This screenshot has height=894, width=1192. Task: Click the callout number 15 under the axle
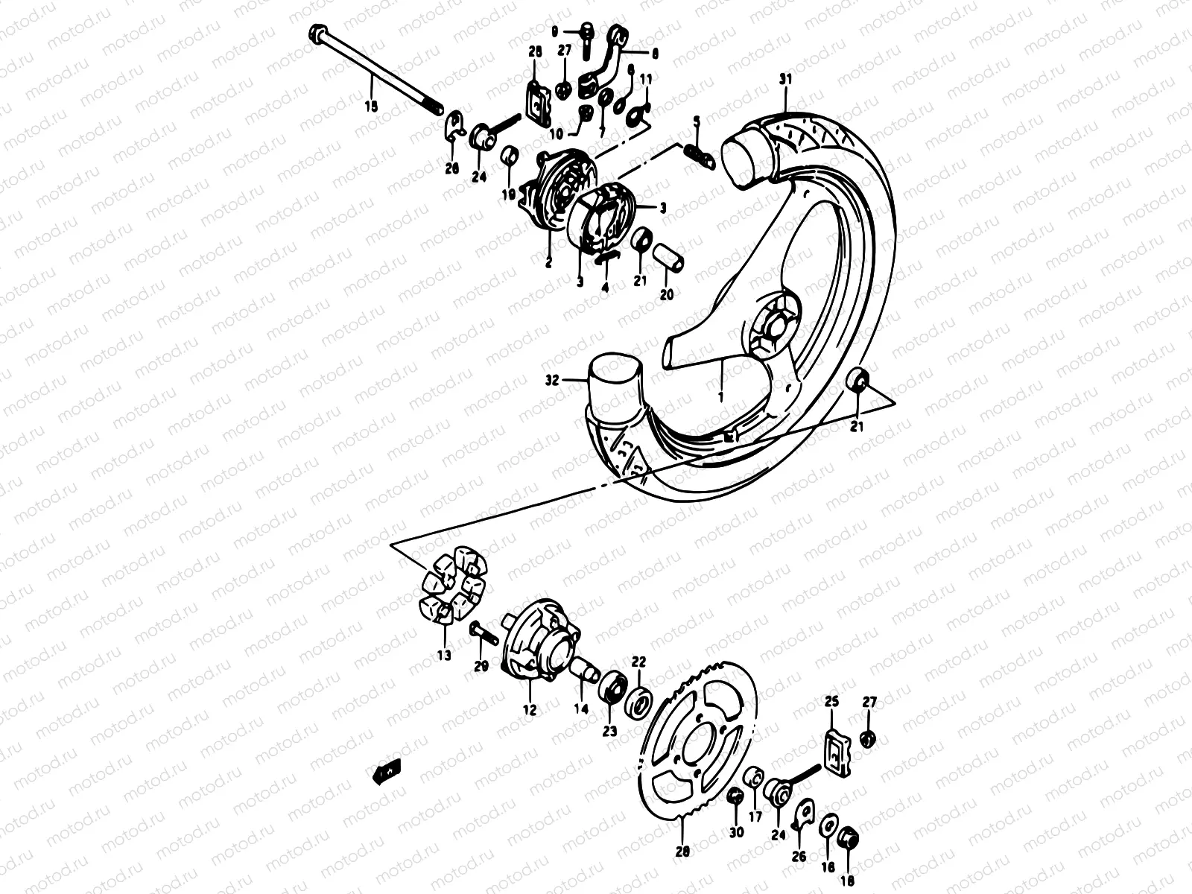coord(371,107)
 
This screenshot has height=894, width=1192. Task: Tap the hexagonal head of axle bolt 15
coord(316,34)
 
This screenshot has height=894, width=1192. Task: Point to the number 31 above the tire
coord(784,79)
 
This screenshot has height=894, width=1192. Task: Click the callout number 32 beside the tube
coord(552,380)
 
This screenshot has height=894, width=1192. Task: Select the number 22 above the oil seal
coord(638,661)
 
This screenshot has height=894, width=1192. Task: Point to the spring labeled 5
coord(698,153)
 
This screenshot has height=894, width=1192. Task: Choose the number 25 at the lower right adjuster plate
coord(832,702)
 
